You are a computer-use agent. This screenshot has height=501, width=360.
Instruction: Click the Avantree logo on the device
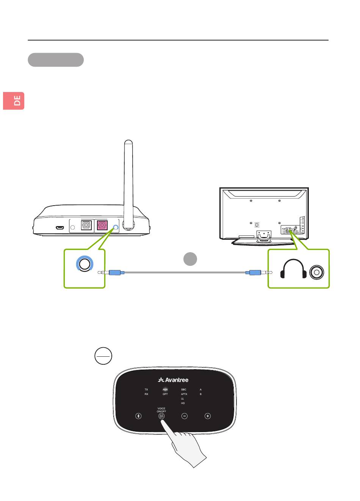tap(173, 380)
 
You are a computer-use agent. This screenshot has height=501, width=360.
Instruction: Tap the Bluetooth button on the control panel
tap(139, 416)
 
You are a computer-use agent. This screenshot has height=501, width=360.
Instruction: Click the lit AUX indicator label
tap(165, 389)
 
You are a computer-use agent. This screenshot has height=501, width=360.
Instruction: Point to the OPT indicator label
tap(165, 394)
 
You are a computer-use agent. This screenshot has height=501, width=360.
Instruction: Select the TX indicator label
tap(146, 389)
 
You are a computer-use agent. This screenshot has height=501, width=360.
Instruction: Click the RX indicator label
tap(146, 394)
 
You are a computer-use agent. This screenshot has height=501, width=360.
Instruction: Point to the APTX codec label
tap(184, 394)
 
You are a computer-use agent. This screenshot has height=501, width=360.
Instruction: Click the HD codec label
tap(183, 403)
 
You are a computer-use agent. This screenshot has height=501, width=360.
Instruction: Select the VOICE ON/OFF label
tap(161, 410)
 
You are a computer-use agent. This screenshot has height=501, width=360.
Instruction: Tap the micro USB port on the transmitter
tap(59, 228)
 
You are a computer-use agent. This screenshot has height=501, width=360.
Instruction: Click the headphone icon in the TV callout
tap(293, 269)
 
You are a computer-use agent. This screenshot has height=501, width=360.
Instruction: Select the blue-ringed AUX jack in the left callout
tap(85, 264)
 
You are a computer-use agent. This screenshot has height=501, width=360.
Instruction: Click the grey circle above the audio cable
tap(190, 259)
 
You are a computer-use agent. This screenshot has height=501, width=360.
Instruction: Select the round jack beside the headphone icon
tap(317, 272)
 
